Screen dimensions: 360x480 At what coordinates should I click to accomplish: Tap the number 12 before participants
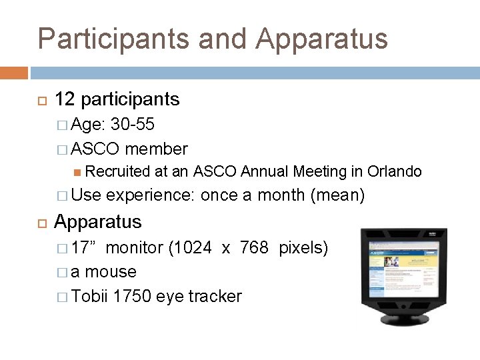[x=65, y=99]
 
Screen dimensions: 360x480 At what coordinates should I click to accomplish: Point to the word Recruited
[x=118, y=171]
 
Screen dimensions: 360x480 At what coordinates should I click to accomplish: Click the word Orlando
[x=394, y=171]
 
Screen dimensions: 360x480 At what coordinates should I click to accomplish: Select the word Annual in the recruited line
[x=265, y=171]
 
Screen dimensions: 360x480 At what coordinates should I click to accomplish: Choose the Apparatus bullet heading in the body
[x=98, y=221]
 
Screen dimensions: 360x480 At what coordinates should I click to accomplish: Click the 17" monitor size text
[x=85, y=248]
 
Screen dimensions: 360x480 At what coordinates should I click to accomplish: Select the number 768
[x=254, y=248]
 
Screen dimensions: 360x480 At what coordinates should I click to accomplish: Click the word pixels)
[x=303, y=248]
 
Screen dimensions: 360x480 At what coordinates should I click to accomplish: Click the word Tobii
[x=90, y=296]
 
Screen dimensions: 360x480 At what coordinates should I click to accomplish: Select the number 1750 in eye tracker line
[x=132, y=296]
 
